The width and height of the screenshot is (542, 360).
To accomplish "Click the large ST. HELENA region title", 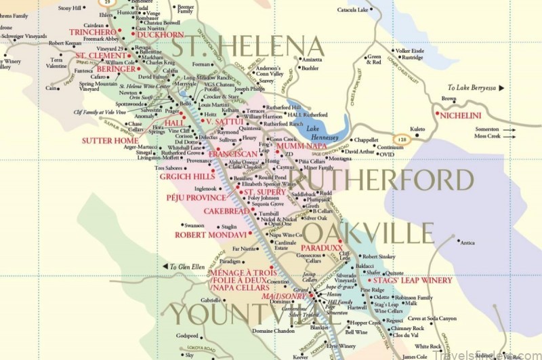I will [247, 47].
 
